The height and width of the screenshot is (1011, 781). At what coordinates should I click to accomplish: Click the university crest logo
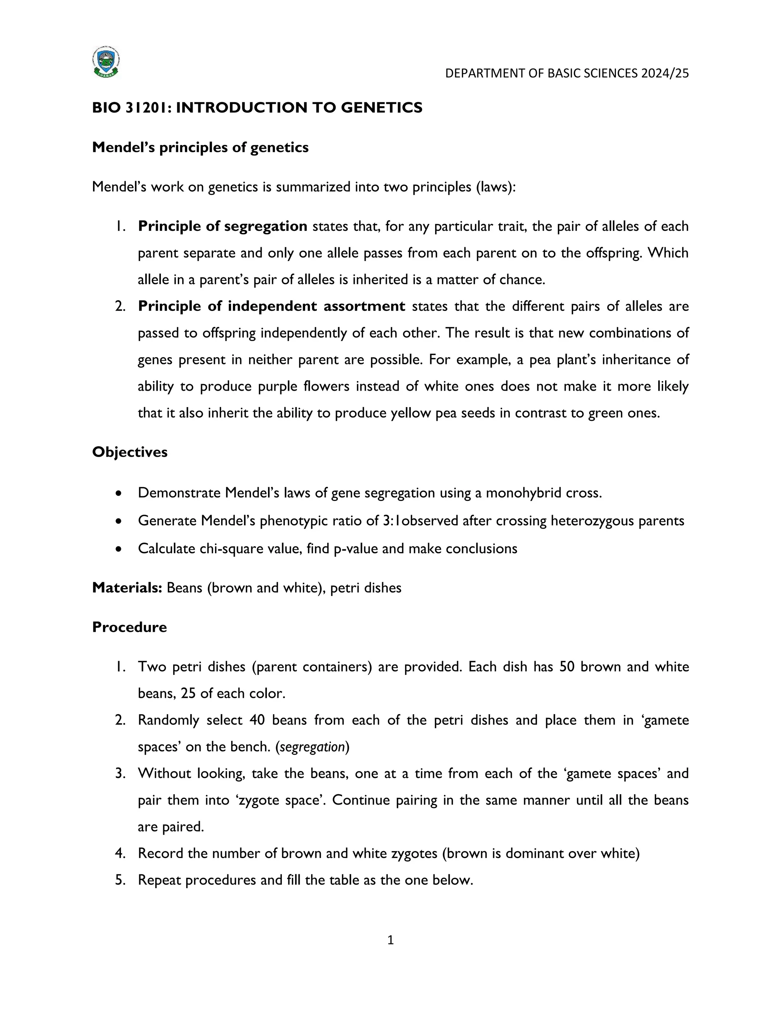click(x=106, y=61)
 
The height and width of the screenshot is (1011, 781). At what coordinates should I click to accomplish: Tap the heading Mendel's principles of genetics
click(x=200, y=147)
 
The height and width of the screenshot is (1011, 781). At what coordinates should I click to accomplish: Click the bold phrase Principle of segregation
click(x=223, y=226)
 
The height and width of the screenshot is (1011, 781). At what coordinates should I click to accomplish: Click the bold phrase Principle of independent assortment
click(x=271, y=306)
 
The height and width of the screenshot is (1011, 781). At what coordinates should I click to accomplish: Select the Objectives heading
click(x=130, y=452)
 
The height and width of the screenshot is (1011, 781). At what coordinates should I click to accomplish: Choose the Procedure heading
click(x=130, y=627)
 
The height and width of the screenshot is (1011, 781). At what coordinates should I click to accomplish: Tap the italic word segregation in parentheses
click(x=312, y=747)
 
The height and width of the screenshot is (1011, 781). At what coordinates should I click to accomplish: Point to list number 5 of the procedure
click(x=120, y=880)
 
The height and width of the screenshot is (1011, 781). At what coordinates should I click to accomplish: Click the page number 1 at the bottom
click(x=390, y=940)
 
